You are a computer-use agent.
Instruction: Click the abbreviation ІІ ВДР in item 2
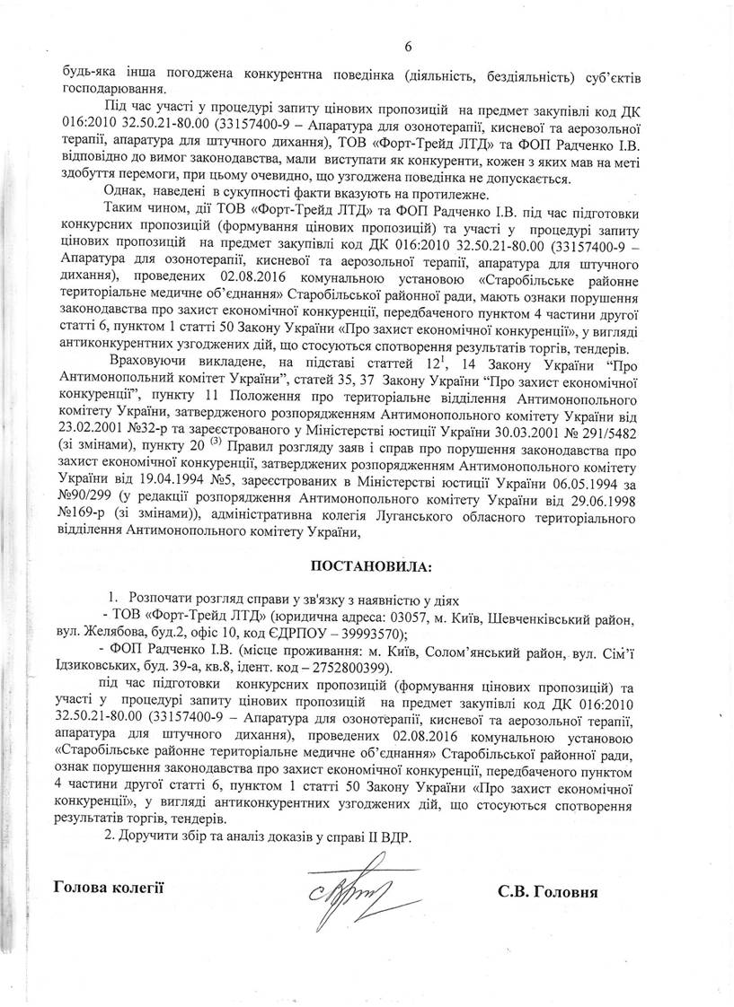pos(391,836)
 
